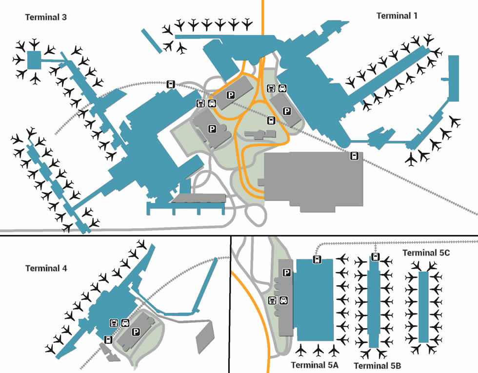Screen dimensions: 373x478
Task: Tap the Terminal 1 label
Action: (x=397, y=16)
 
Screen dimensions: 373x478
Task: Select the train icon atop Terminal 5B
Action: (x=375, y=257)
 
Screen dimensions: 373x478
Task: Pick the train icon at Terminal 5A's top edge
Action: (x=317, y=259)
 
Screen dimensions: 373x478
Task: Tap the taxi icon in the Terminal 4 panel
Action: (x=125, y=322)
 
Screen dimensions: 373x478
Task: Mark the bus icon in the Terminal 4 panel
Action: (x=114, y=322)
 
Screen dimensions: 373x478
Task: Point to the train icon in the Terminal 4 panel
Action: (x=108, y=339)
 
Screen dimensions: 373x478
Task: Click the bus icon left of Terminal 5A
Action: (x=272, y=300)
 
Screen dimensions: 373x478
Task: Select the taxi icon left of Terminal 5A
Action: (x=283, y=300)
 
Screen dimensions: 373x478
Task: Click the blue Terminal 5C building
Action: (x=423, y=307)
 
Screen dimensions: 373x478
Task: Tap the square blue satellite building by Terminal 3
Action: (x=34, y=60)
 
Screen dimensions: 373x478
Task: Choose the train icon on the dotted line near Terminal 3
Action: (x=171, y=84)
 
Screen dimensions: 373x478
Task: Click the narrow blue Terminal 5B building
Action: (x=374, y=303)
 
